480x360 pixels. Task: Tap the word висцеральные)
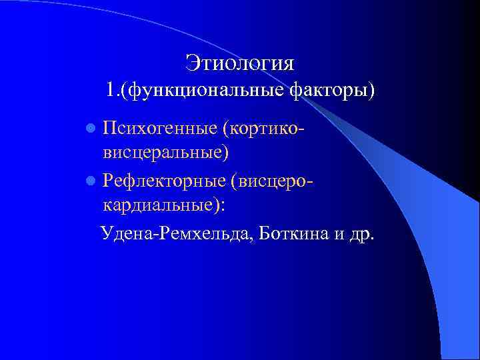[x=166, y=152]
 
